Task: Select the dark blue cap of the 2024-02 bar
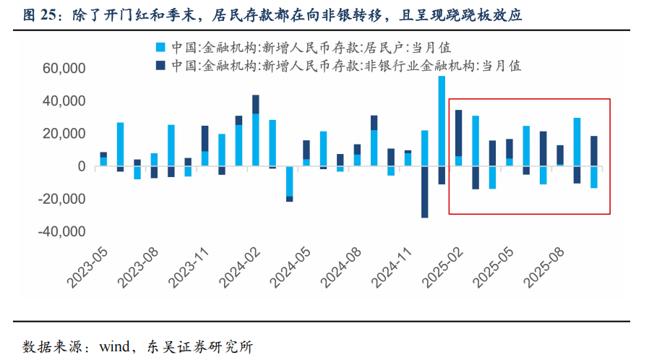coord(255,104)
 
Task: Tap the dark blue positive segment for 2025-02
coord(459,132)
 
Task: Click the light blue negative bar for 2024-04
coord(290,181)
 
